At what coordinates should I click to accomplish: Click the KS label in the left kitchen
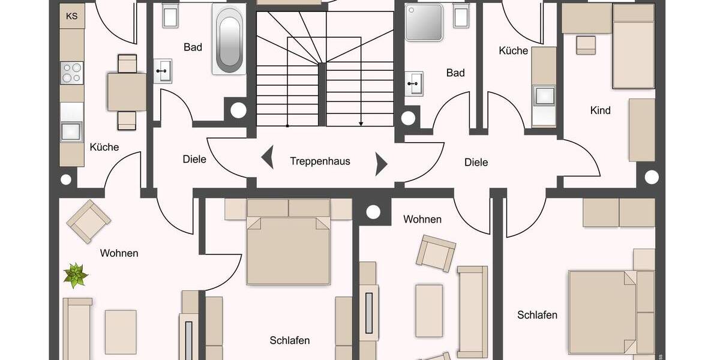tap(72, 16)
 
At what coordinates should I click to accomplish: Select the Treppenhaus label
tap(320, 161)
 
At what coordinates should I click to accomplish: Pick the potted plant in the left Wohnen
tap(76, 275)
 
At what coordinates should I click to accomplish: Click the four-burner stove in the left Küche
tap(72, 73)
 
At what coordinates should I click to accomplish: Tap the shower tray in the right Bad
tap(423, 22)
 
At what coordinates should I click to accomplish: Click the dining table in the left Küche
tap(127, 92)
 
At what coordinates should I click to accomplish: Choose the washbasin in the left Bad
tap(162, 70)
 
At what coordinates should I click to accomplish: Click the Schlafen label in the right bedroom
tap(537, 315)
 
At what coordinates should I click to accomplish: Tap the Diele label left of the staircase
tap(194, 159)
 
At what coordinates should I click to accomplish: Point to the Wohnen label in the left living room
tap(119, 253)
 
